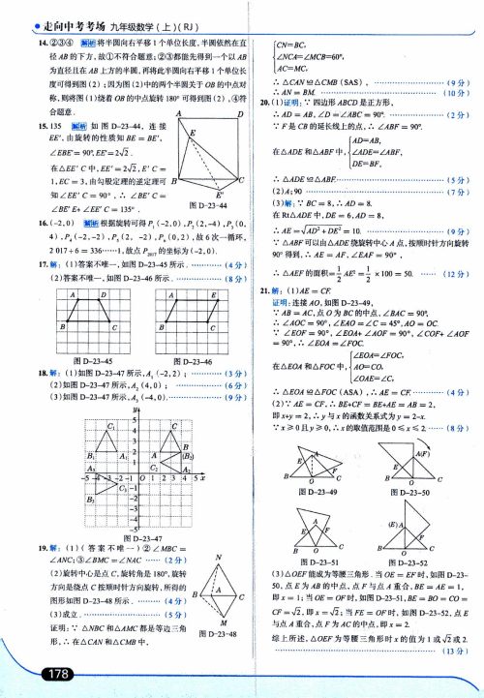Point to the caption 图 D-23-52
point(407,561)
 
